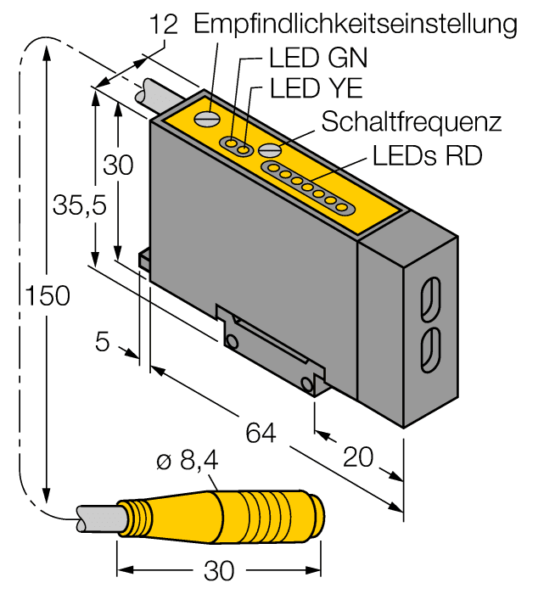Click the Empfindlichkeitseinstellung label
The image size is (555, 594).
pos(355,24)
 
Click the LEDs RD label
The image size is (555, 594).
pos(428,156)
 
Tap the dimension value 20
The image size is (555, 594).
pos(360,457)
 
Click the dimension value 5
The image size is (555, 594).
pos(103,343)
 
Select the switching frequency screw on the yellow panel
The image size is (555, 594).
pos(270,150)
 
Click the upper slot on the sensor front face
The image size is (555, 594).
pos(430,299)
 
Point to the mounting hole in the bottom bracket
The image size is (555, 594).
pos(231,340)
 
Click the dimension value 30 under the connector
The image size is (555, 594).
pos(220,571)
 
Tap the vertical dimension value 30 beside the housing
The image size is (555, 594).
pos(119,165)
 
